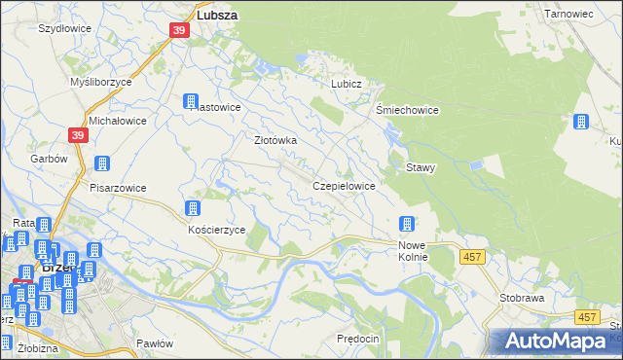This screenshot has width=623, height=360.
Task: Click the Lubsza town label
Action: tap(218, 16)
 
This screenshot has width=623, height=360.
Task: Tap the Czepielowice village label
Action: tap(344, 185)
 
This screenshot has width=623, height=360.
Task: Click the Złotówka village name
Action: tap(275, 140)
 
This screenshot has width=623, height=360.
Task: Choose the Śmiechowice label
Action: tap(408, 110)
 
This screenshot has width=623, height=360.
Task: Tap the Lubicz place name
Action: tap(346, 84)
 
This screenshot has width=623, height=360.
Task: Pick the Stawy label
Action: tap(421, 167)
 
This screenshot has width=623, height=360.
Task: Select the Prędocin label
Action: tap(356, 338)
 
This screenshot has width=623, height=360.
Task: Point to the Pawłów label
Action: tap(155, 343)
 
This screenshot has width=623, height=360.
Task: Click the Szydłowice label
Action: tap(64, 29)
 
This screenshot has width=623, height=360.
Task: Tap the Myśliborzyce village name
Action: tap(101, 83)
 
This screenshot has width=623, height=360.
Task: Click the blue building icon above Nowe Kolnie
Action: tap(407, 224)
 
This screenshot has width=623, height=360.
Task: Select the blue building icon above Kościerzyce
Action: tap(192, 208)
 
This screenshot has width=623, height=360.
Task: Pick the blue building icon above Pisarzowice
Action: tap(101, 164)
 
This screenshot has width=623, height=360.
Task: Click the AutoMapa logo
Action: tap(555, 342)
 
